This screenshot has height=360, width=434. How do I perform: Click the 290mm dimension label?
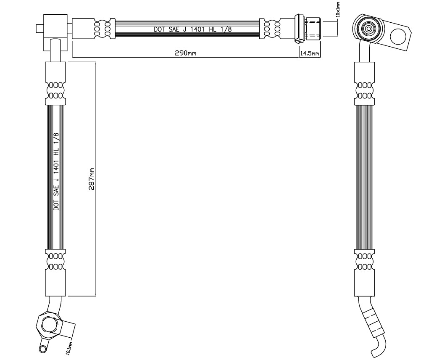pos(185,53)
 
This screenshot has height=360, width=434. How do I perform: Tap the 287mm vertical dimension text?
pos(91,179)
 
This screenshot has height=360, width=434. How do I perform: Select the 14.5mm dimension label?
pos(310,53)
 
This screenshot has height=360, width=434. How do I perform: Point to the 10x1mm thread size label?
pos(338,9)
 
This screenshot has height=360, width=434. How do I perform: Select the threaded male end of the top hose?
pos(313,27)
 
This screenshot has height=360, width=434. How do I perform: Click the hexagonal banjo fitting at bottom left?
pos(48,325)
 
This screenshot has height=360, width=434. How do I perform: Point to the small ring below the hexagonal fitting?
pos(43,349)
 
